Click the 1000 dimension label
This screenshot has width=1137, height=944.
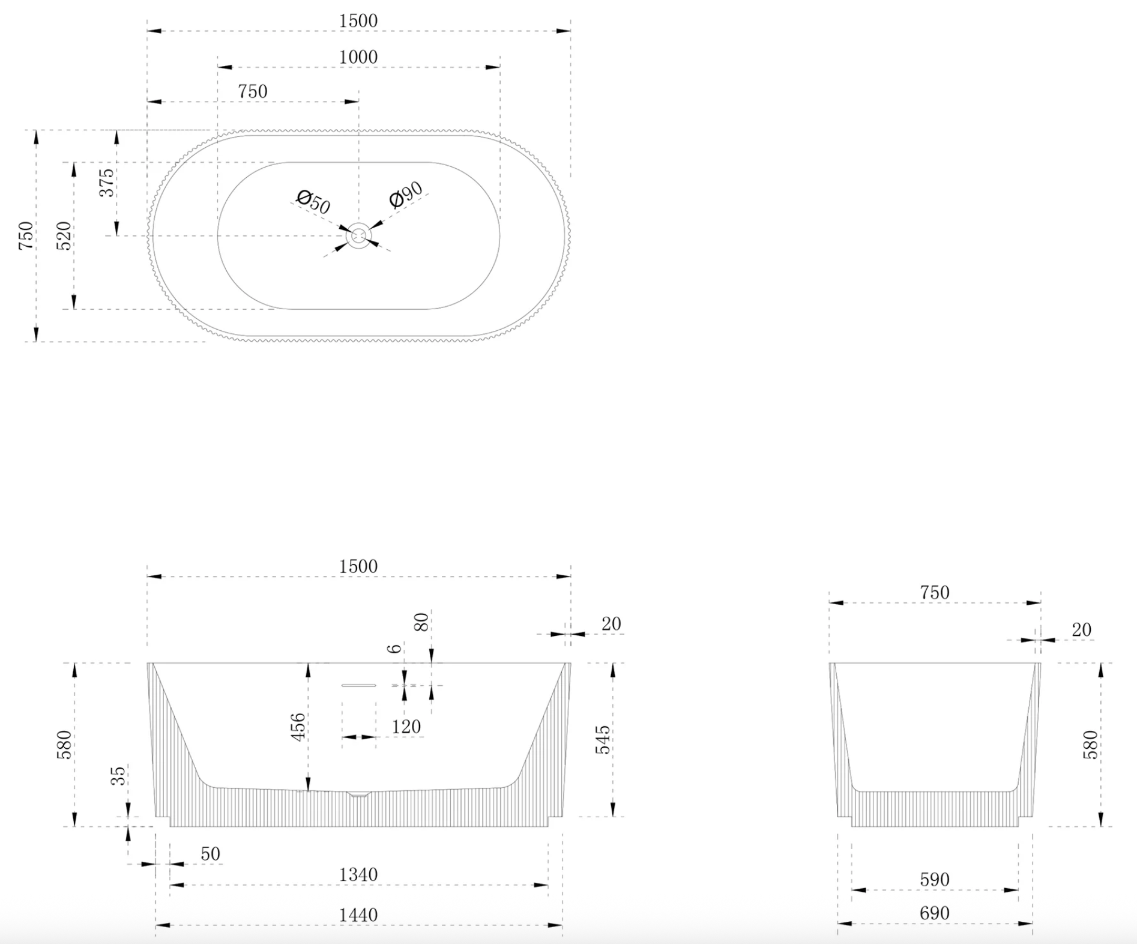tap(358, 57)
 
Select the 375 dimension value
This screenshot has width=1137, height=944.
tap(106, 183)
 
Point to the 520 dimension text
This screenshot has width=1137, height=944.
tap(64, 235)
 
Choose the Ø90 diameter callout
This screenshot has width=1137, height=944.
tap(406, 195)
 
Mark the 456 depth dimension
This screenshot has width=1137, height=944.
tap(298, 727)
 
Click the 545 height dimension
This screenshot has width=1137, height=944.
tap(603, 739)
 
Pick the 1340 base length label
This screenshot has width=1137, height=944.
tap(358, 874)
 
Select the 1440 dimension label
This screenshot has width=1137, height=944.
tap(358, 915)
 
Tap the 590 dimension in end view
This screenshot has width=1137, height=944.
tap(935, 880)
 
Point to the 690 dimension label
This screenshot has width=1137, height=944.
tap(935, 913)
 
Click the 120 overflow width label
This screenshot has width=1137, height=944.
tap(406, 727)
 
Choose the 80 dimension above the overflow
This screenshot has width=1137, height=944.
tap(421, 622)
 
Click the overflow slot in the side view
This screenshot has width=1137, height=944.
tap(359, 685)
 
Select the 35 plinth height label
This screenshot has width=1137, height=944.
tap(119, 775)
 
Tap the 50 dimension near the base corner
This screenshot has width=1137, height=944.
tap(211, 853)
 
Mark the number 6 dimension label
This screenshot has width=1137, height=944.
tap(394, 649)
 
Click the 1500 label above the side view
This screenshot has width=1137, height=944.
tap(358, 566)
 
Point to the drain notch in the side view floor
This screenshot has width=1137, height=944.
tap(359, 794)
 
